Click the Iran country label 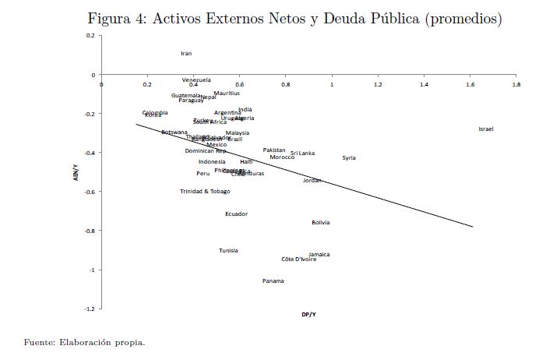pyautogui.click(x=186, y=54)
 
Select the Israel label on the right pyautogui.click(x=486, y=129)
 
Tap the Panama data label pyautogui.click(x=273, y=281)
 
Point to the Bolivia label pyautogui.click(x=320, y=223)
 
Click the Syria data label pyautogui.click(x=349, y=158)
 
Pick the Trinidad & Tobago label pyautogui.click(x=205, y=192)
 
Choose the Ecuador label pyautogui.click(x=237, y=214)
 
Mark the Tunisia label pyautogui.click(x=228, y=251)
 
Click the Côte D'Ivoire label pyautogui.click(x=299, y=259)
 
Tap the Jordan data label pyautogui.click(x=312, y=181)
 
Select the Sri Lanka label pyautogui.click(x=303, y=154)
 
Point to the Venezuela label pyautogui.click(x=196, y=80)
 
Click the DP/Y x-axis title pyautogui.click(x=309, y=315)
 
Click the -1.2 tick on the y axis pyautogui.click(x=90, y=309)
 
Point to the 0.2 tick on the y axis pyautogui.click(x=90, y=36)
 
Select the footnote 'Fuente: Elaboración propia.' pyautogui.click(x=85, y=342)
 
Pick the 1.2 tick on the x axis pyautogui.click(x=379, y=83)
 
